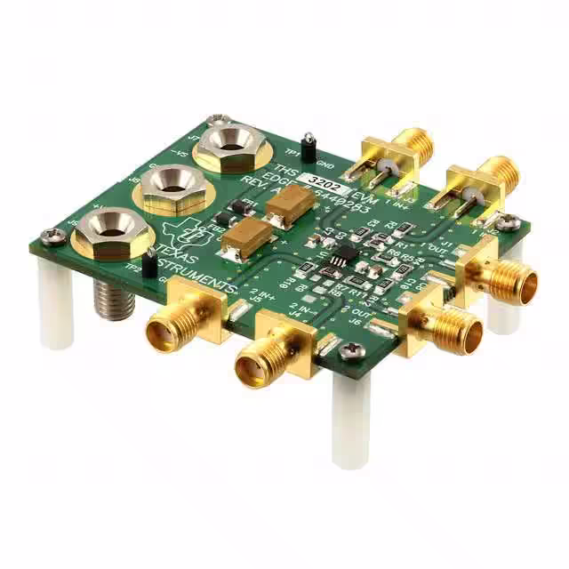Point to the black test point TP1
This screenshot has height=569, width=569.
pyautogui.click(x=309, y=147)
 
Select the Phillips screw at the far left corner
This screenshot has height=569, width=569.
pyautogui.click(x=55, y=236)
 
